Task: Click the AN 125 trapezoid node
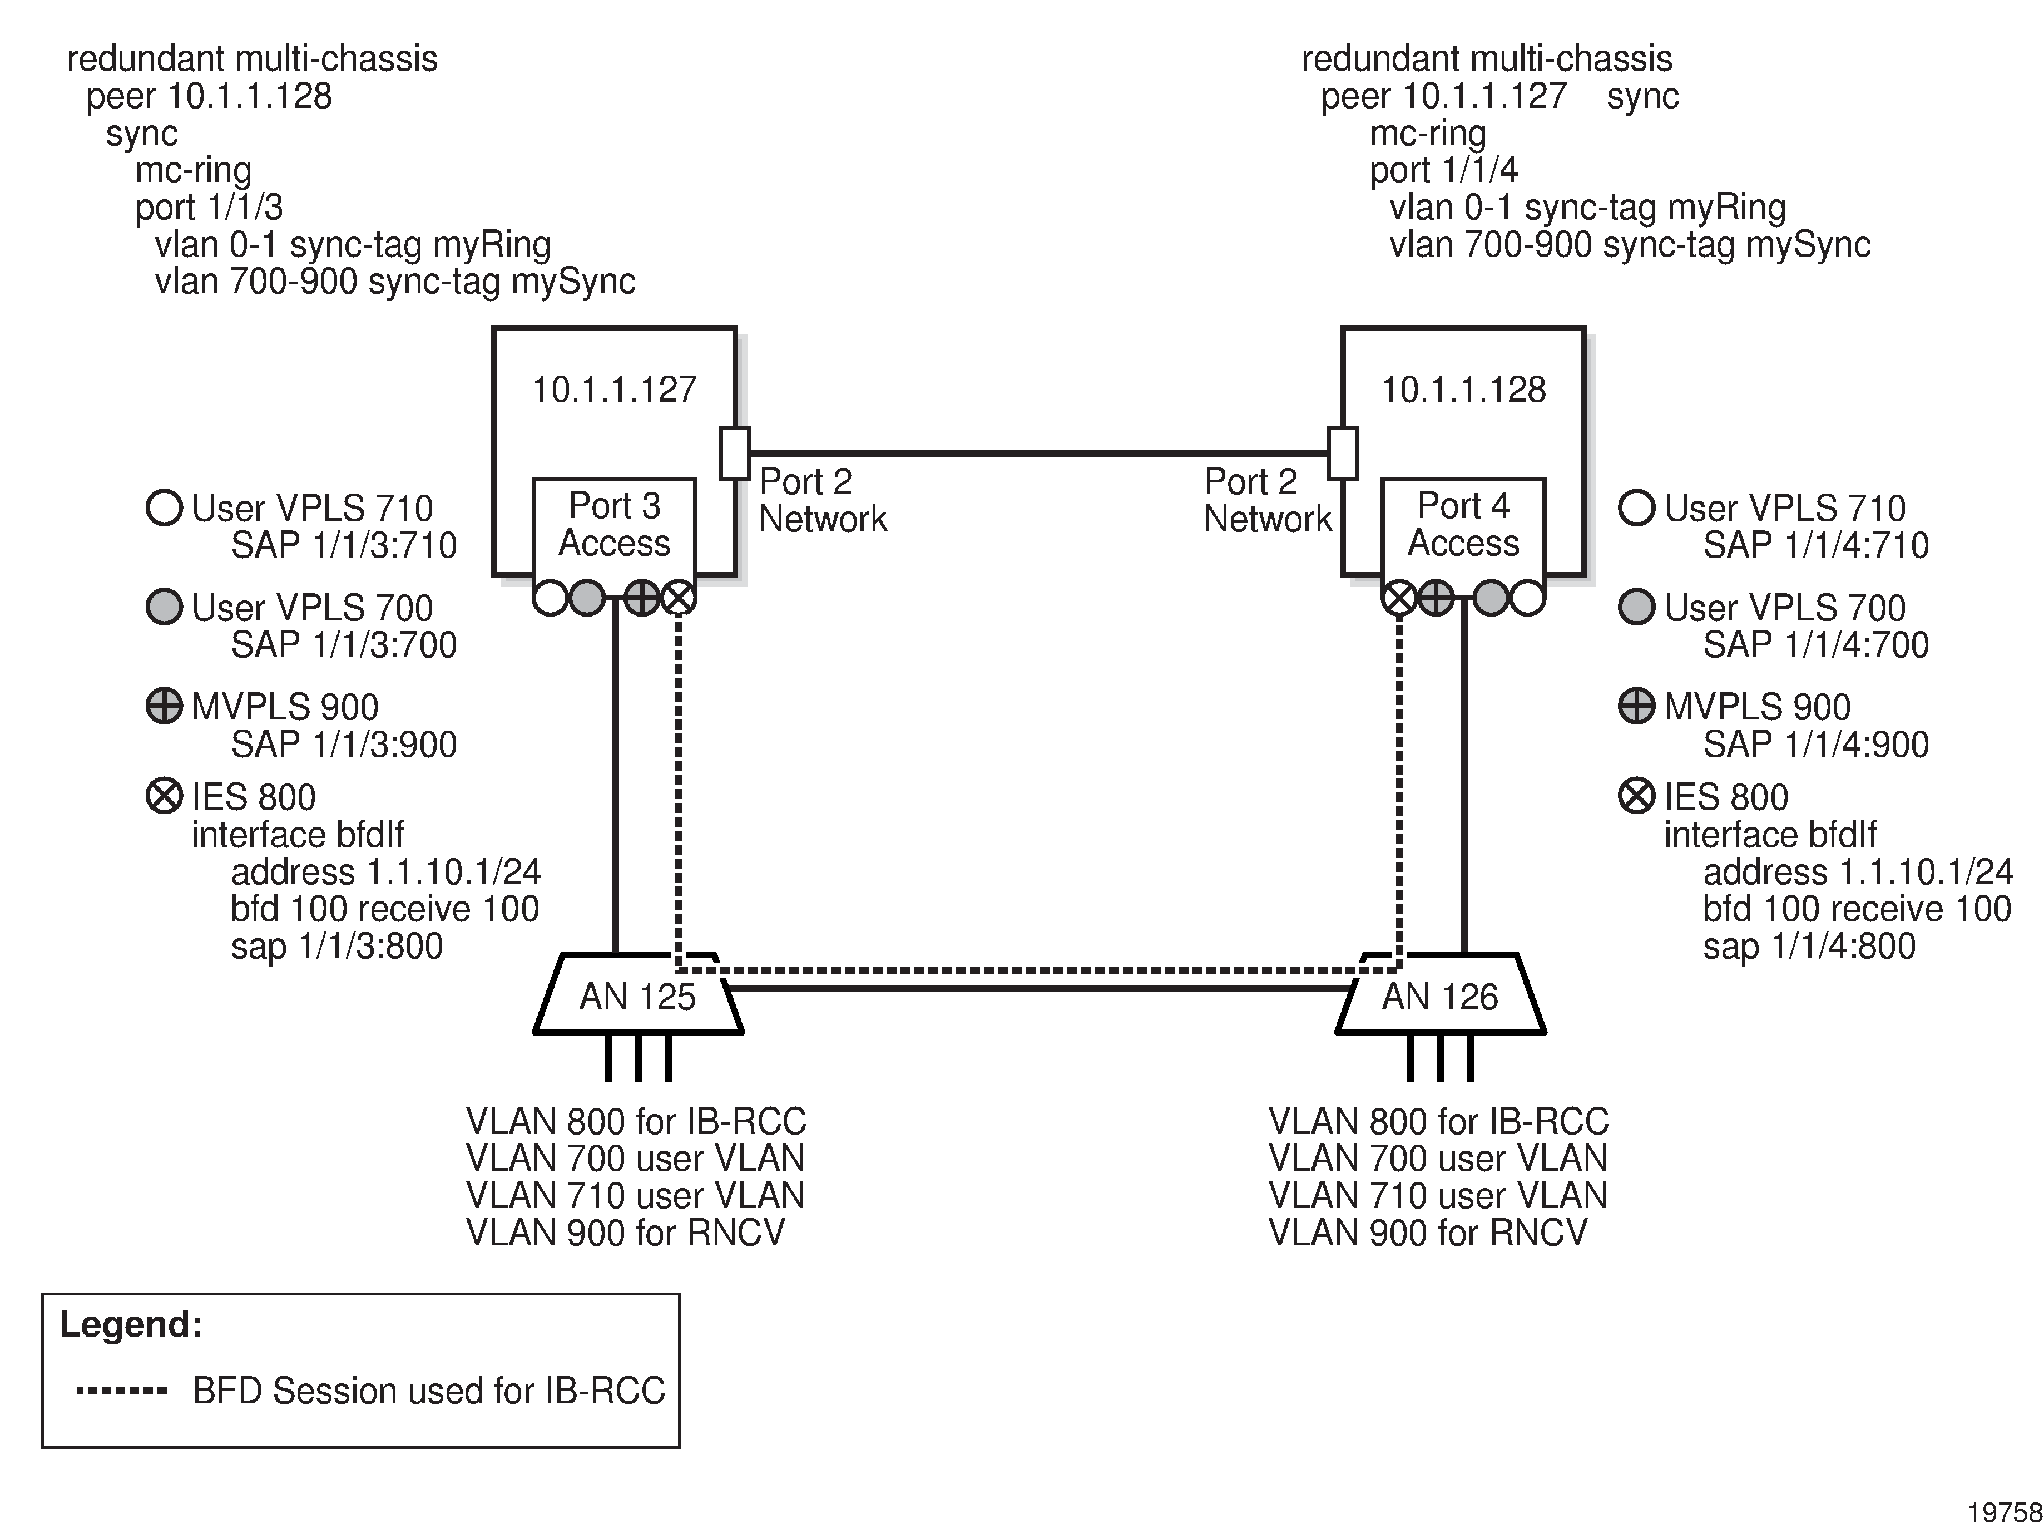637,997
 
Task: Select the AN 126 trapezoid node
1439,997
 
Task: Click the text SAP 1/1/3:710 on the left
344,545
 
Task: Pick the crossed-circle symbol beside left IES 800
165,796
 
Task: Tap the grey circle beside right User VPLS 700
1636,607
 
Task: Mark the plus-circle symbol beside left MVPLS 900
165,706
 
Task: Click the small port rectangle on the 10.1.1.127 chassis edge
735,453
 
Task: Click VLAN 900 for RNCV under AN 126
1428,1232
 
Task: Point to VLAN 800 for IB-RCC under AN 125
636,1121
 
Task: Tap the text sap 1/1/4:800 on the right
1808,945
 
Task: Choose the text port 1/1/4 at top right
1443,170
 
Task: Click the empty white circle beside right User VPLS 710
1636,507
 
